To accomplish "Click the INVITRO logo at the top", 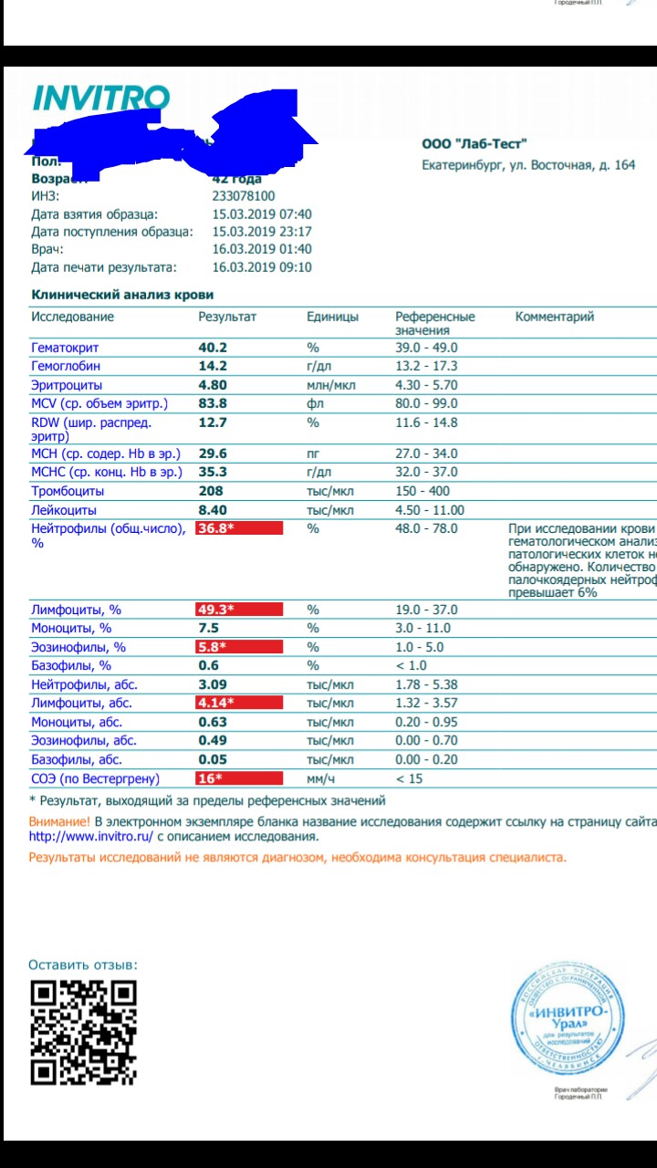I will pyautogui.click(x=100, y=99).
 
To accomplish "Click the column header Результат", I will pyautogui.click(x=227, y=317).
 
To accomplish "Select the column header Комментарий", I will pyautogui.click(x=555, y=317).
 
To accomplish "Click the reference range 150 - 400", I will pyautogui.click(x=422, y=491).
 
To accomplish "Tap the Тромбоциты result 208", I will pyautogui.click(x=211, y=491).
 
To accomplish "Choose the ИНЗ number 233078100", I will pyautogui.click(x=243, y=196).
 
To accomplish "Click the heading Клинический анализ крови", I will pyautogui.click(x=122, y=295).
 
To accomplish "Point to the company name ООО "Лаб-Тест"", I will pyautogui.click(x=474, y=143).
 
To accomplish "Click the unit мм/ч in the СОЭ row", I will pyautogui.click(x=320, y=778).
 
